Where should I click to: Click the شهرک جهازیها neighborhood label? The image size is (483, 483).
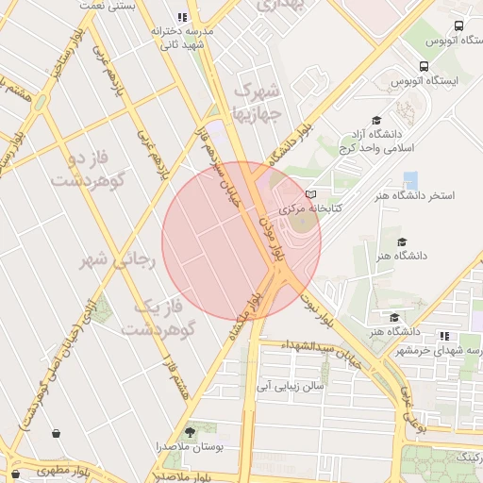pyautogui.click(x=256, y=104)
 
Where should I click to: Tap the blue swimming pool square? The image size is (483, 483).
pyautogui.click(x=410, y=179)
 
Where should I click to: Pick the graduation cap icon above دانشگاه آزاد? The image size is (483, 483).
pyautogui.click(x=376, y=120)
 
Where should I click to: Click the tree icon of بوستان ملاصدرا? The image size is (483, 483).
pyautogui.click(x=192, y=431)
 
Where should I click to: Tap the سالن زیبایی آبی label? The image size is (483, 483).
pyautogui.click(x=291, y=386)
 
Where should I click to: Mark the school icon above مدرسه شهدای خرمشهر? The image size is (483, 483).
pyautogui.click(x=443, y=336)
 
